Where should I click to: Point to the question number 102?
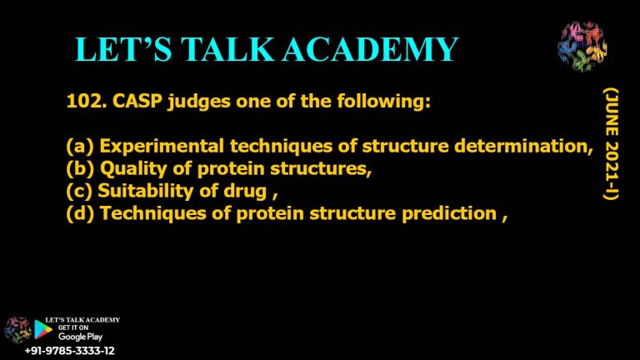(x=83, y=103)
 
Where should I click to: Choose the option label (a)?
(x=80, y=147)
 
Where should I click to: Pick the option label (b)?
(x=80, y=169)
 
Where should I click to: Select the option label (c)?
(x=79, y=191)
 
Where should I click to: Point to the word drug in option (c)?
(x=242, y=191)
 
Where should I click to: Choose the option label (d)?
(x=80, y=213)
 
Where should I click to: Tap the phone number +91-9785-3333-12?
(x=70, y=351)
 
